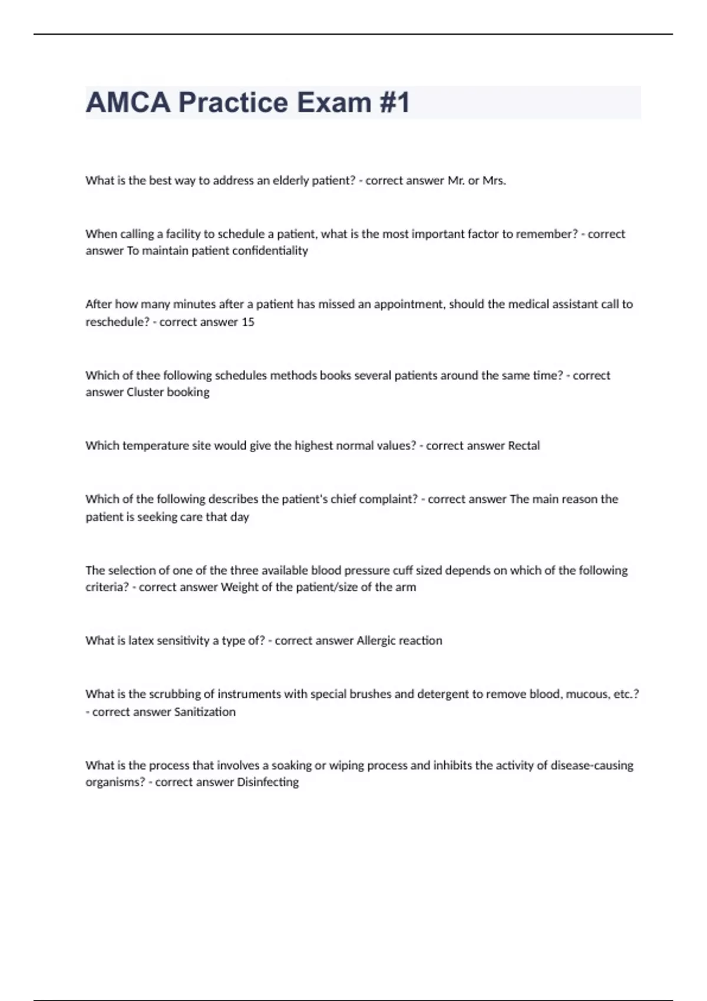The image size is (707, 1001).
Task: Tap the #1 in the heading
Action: tap(395, 102)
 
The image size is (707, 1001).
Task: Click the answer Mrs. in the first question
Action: tap(494, 181)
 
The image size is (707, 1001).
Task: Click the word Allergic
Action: tap(376, 641)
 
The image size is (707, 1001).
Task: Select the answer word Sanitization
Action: tap(204, 712)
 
